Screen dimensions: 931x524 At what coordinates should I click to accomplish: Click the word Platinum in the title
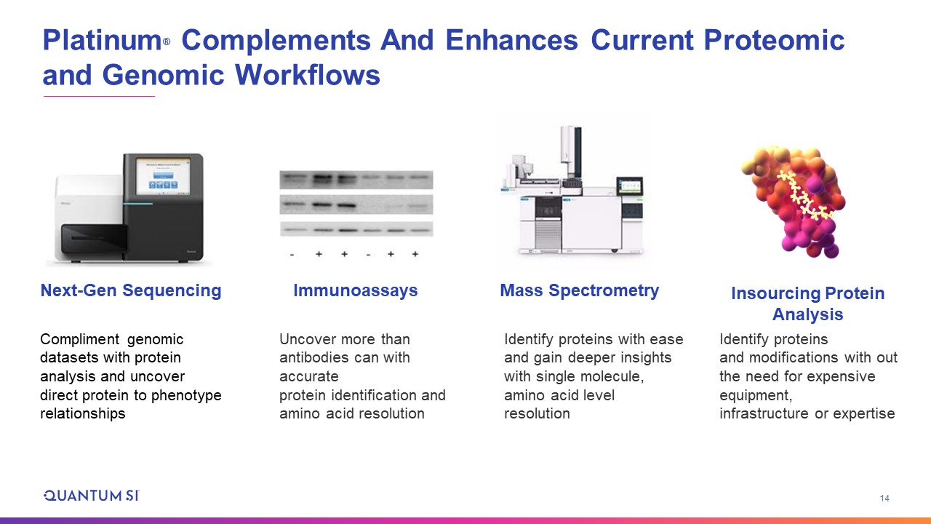coord(103,40)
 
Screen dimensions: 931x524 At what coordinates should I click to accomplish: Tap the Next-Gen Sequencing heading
coord(131,290)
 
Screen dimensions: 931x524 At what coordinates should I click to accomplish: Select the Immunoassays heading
coord(356,290)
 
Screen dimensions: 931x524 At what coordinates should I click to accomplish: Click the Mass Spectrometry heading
coord(580,290)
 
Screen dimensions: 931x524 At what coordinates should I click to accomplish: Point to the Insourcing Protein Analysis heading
coord(807,303)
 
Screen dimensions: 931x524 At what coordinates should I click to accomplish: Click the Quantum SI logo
coord(92,496)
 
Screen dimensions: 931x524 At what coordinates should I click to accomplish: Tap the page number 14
coord(884,499)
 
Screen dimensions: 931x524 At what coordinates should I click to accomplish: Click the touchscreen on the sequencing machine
coord(164,176)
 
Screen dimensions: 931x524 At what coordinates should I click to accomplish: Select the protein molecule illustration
coord(794,202)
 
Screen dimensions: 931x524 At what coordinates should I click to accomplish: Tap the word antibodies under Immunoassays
coord(313,357)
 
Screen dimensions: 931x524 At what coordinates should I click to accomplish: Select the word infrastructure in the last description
coord(764,413)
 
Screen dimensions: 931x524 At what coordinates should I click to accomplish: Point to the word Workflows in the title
coord(308,75)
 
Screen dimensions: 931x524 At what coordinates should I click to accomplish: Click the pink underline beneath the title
coord(100,97)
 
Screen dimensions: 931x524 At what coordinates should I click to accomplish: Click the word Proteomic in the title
coord(774,40)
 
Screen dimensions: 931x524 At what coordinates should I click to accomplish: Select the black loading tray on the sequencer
coord(95,239)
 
